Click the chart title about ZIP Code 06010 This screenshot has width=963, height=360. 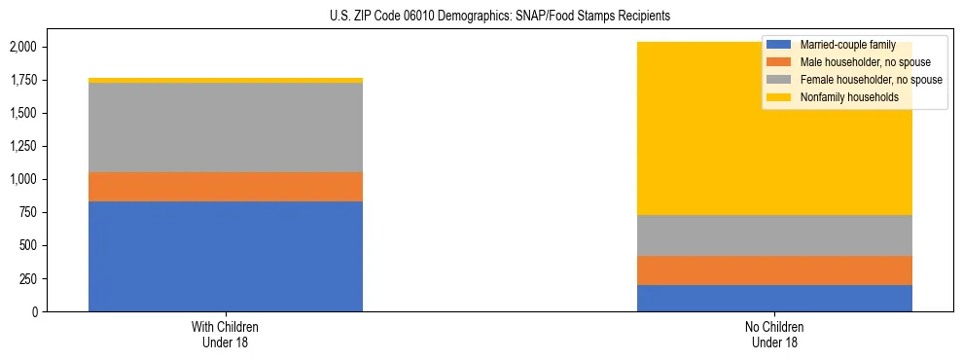click(x=481, y=17)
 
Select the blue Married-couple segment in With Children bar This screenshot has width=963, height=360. click(x=226, y=256)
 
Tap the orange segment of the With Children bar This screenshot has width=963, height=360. click(x=226, y=187)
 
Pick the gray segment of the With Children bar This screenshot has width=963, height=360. click(x=226, y=127)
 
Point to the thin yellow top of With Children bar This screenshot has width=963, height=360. click(x=226, y=81)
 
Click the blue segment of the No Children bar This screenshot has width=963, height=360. click(x=774, y=298)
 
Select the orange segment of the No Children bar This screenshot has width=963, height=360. click(x=774, y=270)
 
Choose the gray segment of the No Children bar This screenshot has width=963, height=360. click(x=774, y=235)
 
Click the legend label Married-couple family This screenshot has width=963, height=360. click(x=848, y=45)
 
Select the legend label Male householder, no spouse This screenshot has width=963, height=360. click(x=864, y=62)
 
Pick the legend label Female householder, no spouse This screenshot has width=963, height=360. click(x=870, y=80)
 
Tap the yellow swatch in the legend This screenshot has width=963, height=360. click(x=778, y=97)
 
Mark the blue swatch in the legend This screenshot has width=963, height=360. click(x=778, y=45)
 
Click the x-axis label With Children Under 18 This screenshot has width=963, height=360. click(x=226, y=334)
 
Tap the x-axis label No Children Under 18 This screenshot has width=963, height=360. click(x=774, y=334)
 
